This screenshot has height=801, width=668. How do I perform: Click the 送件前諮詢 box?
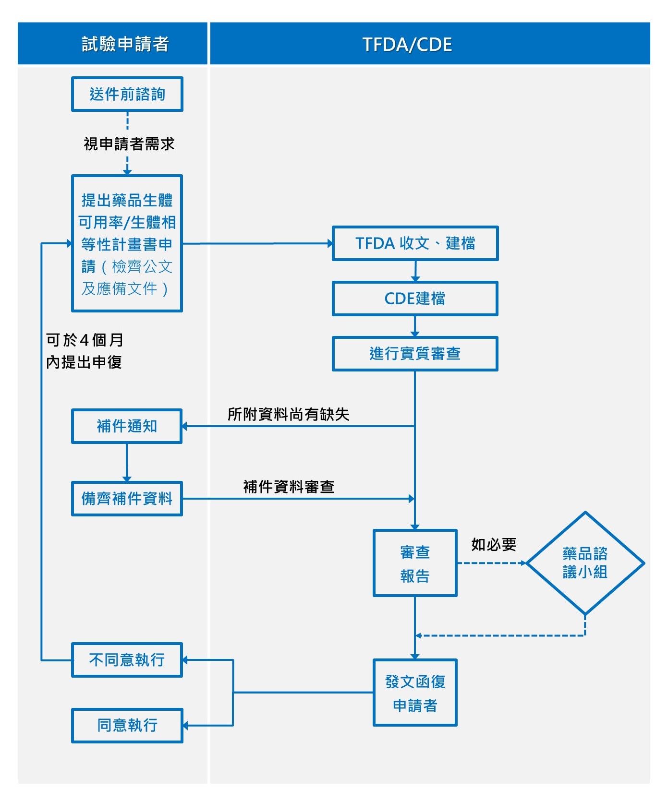pos(127,94)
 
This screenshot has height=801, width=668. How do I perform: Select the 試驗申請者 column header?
pos(125,44)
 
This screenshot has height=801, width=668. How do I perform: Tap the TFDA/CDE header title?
pos(407,44)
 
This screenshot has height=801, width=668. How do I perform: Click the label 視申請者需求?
pos(129,143)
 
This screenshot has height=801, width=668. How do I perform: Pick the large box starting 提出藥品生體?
pos(127,243)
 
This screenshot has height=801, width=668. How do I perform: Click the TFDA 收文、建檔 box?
pos(415,243)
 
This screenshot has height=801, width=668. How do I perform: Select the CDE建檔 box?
pos(415,299)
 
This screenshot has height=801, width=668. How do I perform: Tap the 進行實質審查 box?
pos(415,354)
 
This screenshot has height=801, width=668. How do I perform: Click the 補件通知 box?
pos(127,426)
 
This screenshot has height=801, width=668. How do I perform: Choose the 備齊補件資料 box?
pos(127,499)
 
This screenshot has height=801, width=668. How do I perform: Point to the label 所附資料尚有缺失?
pos(288,414)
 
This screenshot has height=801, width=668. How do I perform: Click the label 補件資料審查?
pos(289,487)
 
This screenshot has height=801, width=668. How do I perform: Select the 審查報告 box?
pos(415,563)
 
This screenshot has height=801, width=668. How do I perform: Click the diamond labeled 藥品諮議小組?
pos(585,563)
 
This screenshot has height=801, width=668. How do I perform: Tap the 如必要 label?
pos(493,544)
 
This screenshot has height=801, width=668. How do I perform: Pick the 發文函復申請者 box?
pos(415,693)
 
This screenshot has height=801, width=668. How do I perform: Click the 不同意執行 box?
pos(127,660)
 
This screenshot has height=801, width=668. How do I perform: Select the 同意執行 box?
pos(127,725)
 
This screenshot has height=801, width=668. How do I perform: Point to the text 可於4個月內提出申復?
pos(85,351)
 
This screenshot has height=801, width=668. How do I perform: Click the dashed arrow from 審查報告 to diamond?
pos(491,563)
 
